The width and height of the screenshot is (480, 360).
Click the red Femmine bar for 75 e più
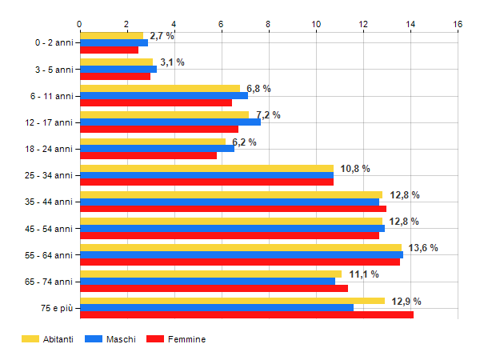(x=246, y=315)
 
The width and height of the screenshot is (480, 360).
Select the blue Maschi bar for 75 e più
(x=216, y=308)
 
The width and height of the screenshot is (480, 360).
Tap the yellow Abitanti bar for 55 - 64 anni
(x=240, y=247)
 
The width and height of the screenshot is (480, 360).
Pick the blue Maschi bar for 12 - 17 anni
(x=170, y=122)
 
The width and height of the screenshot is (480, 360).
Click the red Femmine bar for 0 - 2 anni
(x=109, y=50)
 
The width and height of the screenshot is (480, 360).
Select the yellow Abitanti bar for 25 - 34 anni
(x=206, y=168)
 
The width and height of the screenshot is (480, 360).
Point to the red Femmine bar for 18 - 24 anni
(x=148, y=155)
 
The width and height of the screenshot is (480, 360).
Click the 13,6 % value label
(x=423, y=248)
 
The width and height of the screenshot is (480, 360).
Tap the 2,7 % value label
(x=162, y=36)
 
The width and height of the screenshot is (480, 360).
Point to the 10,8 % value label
(x=355, y=169)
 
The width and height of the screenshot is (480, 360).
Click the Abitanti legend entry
(x=48, y=339)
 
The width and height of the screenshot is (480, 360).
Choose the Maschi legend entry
(x=112, y=339)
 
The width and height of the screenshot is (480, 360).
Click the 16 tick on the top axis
(x=458, y=24)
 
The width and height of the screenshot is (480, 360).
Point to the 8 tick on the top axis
(x=268, y=24)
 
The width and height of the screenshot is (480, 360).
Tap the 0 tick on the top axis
(x=79, y=24)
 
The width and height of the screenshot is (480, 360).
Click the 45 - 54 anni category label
(x=48, y=229)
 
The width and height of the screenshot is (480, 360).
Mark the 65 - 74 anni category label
(x=48, y=282)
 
